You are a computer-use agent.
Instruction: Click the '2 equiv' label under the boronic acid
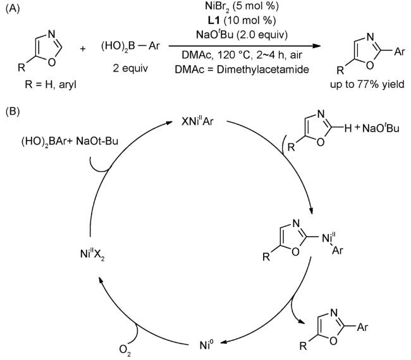coord(134,68)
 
